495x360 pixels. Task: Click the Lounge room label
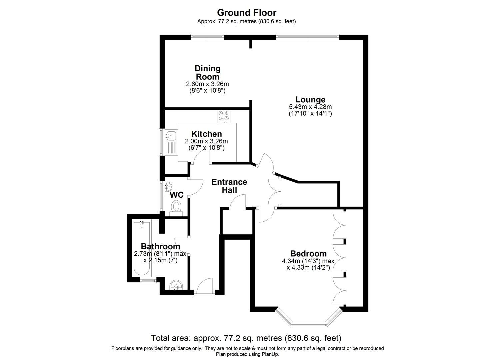310,100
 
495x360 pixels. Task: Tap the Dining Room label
207,72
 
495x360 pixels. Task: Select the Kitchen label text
206,134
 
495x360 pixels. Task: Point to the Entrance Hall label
229,186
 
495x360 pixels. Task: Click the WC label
176,195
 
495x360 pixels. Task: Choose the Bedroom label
308,254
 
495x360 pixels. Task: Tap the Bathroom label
160,246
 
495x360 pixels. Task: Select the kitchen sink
171,136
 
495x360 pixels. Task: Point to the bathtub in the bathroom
142,248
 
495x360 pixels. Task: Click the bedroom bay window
308,319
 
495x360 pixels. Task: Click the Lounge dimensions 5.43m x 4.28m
310,107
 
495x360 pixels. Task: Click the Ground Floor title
246,13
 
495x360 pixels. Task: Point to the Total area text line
246,338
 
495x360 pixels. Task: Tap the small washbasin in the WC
168,186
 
